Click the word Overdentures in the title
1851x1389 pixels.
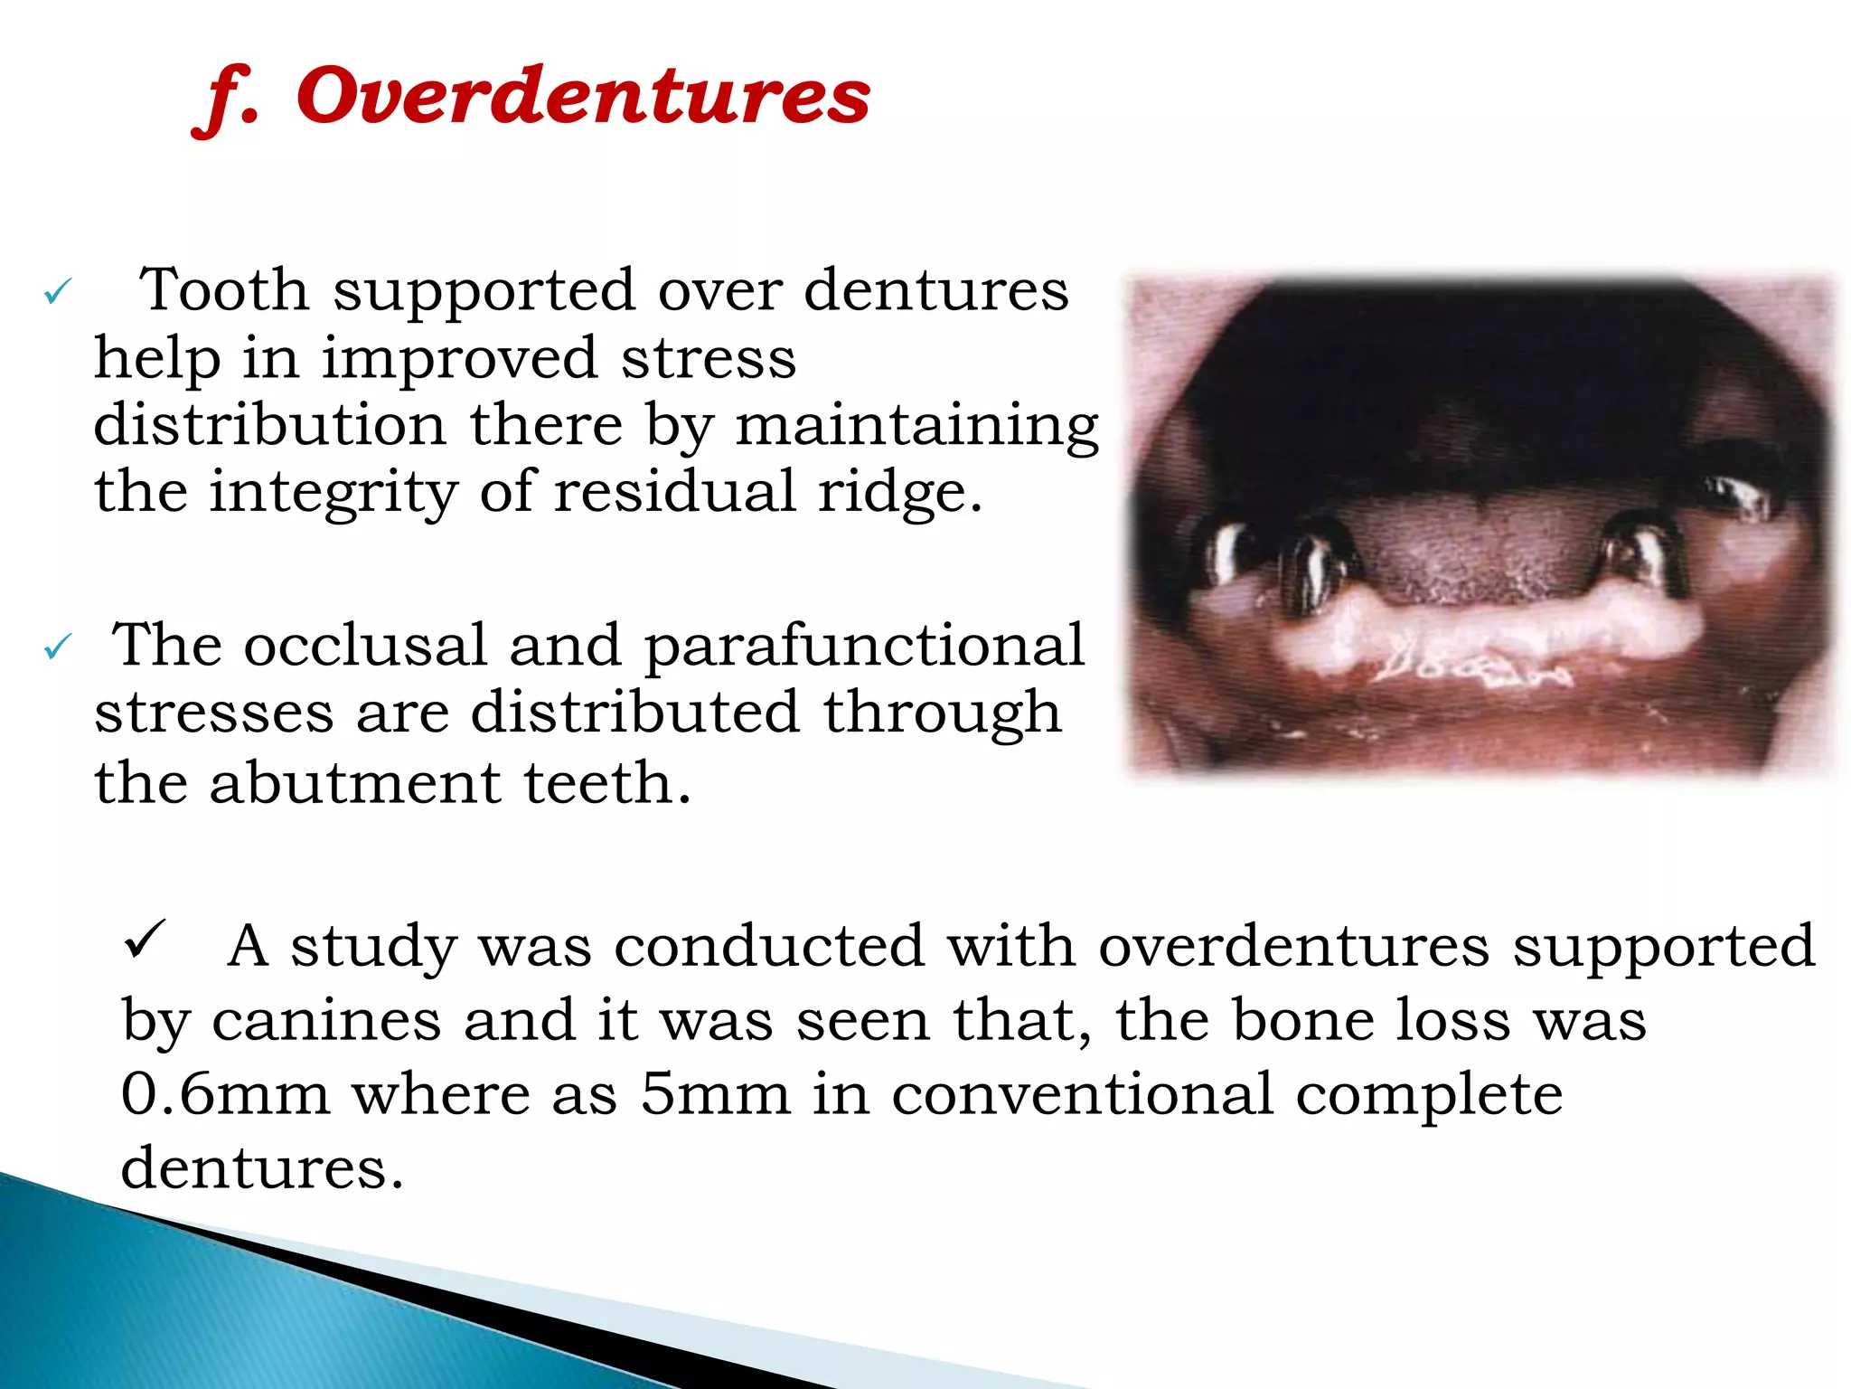click(x=583, y=97)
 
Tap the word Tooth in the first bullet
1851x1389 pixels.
click(x=224, y=291)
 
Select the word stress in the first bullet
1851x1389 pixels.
click(x=708, y=359)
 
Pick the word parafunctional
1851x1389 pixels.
click(x=863, y=647)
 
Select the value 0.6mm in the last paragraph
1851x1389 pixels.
click(x=225, y=1095)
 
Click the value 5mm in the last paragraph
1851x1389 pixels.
click(x=715, y=1095)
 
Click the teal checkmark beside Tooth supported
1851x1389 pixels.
click(x=57, y=292)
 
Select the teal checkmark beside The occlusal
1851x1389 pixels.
click(x=57, y=647)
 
